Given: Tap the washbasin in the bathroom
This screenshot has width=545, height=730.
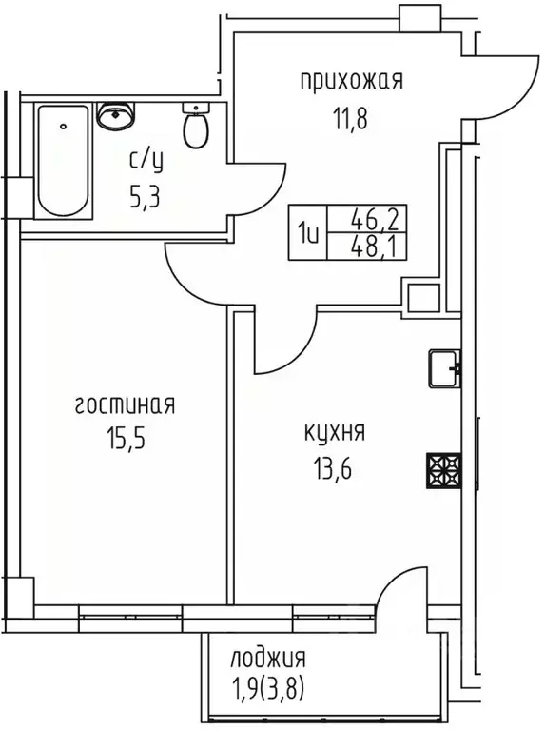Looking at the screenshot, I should (117, 118).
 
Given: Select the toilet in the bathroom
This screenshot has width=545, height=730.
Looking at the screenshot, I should (197, 128).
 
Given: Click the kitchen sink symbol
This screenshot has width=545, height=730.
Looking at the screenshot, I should (443, 368).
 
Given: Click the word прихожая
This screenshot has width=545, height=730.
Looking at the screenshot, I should (351, 82).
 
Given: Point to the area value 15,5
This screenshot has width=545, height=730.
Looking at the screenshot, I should (125, 445).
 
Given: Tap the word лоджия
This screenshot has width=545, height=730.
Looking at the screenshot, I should (268, 659).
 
